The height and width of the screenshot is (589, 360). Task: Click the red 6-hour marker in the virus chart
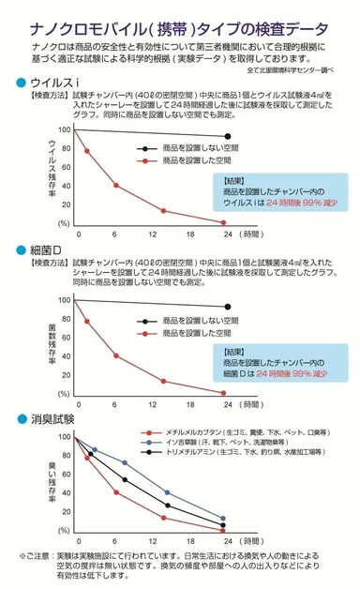point(116,186)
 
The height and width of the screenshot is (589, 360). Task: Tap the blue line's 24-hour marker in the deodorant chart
point(223,519)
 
